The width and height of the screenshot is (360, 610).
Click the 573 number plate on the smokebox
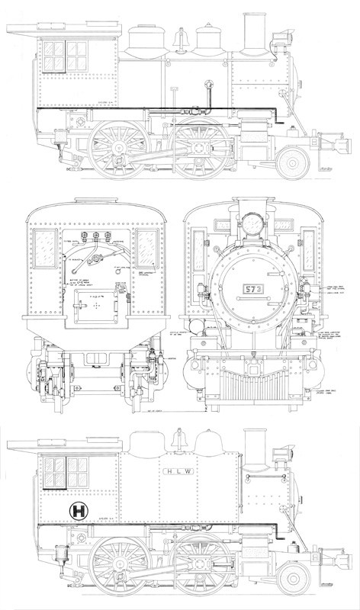tap(249, 289)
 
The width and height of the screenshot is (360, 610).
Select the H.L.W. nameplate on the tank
tap(178, 472)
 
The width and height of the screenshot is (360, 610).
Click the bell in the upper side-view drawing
tap(182, 38)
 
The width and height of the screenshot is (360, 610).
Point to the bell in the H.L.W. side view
tap(182, 441)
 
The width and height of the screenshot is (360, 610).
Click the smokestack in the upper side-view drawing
tap(252, 33)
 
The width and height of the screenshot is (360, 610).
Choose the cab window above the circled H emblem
tap(66, 467)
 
